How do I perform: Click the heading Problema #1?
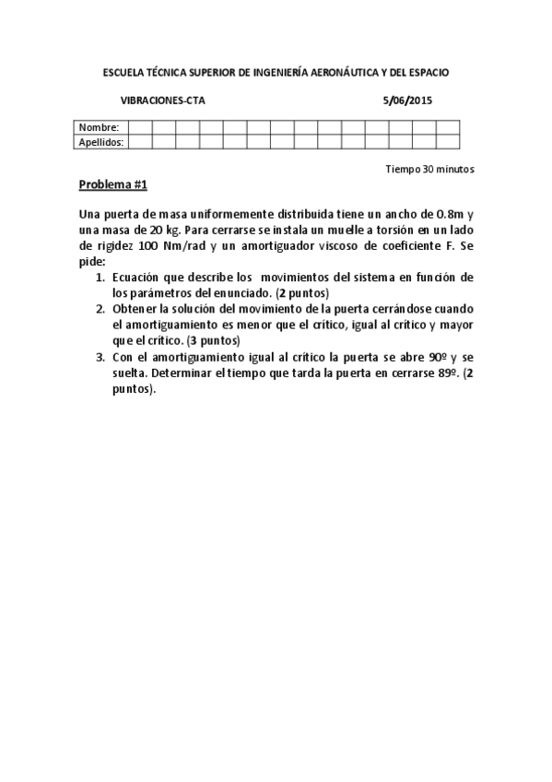pos(112,184)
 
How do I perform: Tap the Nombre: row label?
pos(99,127)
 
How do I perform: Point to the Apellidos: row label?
pos(101,142)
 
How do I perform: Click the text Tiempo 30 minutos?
pos(429,170)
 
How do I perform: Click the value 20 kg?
pos(176,231)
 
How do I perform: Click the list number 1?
pos(100,277)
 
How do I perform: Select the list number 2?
pos(100,308)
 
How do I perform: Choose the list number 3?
pos(100,356)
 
